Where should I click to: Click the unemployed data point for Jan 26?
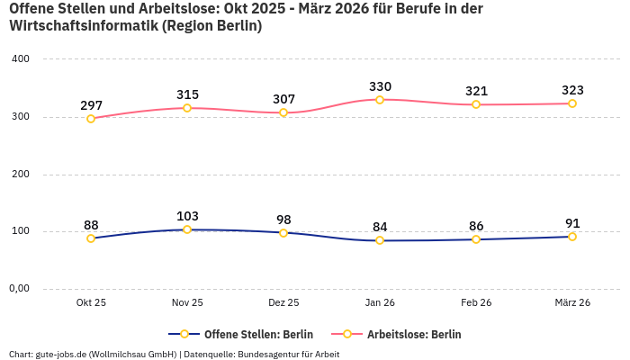tap(380, 100)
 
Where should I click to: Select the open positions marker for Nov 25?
tap(187, 229)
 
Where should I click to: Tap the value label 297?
tap(91, 105)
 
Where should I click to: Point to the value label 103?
tap(187, 216)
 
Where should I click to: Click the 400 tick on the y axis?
tap(20, 59)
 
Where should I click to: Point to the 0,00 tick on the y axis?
tap(20, 289)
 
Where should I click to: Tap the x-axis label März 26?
tap(572, 303)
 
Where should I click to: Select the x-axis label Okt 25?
tap(91, 303)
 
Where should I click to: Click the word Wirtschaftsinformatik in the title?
tap(82, 26)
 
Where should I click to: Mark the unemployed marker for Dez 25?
tap(283, 112)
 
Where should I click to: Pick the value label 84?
tap(380, 227)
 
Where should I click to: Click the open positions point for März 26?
tap(572, 237)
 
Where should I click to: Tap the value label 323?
tap(572, 90)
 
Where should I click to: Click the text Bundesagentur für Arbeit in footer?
tap(288, 354)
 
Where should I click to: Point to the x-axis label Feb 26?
tap(476, 303)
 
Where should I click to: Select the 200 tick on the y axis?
tap(20, 174)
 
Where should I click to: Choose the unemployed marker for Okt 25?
tap(91, 119)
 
